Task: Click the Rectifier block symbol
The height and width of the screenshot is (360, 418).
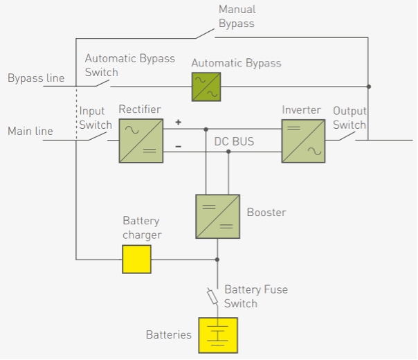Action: tap(141, 141)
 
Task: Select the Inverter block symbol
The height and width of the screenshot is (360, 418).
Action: tap(303, 141)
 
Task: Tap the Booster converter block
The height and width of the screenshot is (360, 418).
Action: tap(217, 216)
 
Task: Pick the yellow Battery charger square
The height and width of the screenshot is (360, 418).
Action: tap(136, 260)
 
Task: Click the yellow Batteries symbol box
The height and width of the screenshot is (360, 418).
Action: tap(218, 335)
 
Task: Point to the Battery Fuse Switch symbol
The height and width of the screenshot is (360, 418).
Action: tap(213, 296)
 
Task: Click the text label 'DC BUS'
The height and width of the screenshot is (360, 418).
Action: tap(234, 142)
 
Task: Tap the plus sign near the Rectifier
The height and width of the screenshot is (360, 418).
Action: tap(178, 123)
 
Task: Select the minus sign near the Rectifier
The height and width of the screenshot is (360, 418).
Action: tap(178, 147)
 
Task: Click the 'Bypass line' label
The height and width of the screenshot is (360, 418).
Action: tap(36, 78)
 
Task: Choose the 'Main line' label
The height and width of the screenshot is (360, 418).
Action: tap(30, 131)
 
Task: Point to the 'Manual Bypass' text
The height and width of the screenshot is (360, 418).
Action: tap(236, 17)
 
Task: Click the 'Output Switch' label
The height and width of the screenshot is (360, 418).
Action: tap(349, 118)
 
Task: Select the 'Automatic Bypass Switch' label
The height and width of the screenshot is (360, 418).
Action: tap(129, 66)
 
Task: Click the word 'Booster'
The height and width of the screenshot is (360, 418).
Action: tap(266, 212)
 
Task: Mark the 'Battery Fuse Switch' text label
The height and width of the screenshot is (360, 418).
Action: tap(255, 296)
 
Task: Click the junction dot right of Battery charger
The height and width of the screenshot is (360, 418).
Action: tap(217, 260)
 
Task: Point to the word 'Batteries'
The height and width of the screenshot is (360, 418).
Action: tap(168, 335)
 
